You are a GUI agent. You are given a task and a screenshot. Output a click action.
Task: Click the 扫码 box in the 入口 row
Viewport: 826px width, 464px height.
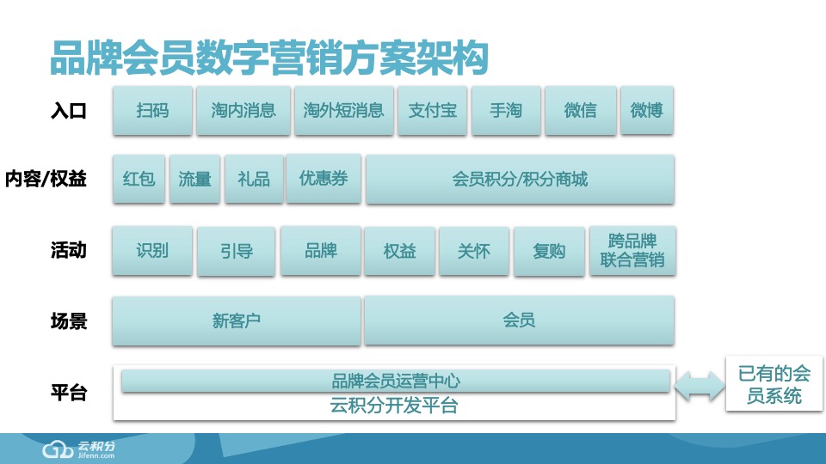pos(152,110)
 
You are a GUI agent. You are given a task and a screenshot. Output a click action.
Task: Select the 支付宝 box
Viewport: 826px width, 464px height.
pos(432,110)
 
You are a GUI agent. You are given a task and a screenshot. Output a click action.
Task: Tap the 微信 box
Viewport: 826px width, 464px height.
pos(580,110)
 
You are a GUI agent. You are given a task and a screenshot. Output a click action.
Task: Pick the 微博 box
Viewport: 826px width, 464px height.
pos(646,110)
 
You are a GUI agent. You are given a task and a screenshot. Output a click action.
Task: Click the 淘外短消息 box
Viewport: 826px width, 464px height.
pos(343,110)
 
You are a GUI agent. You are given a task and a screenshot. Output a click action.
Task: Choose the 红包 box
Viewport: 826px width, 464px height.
pos(139,179)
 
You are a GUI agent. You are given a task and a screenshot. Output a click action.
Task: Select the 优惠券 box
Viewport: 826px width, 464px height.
pos(323,178)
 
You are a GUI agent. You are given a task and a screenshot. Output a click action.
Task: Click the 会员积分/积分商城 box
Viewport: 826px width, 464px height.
pos(519,179)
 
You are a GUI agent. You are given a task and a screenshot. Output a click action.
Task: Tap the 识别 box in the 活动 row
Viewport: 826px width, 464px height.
pos(152,250)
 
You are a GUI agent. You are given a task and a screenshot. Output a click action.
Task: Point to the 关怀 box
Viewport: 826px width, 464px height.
pos(474,251)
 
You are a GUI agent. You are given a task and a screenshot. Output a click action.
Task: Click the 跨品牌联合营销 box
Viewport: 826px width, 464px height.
pos(632,250)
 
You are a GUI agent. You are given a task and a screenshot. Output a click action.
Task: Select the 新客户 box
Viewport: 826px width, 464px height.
pos(236,321)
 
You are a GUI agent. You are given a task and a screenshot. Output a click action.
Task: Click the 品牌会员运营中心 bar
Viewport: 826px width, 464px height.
pos(395,381)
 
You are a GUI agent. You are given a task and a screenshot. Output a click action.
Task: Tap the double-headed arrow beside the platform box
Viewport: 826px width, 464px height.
pos(699,386)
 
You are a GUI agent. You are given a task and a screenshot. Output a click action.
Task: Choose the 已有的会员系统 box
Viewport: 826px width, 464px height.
pos(774,384)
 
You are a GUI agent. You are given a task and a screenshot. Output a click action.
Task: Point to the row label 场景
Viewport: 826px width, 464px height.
pos(69,321)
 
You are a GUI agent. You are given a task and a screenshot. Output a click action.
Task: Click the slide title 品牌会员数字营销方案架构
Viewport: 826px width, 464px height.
pos(269,58)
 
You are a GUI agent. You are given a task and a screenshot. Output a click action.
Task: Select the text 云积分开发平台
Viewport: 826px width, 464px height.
pos(394,406)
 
